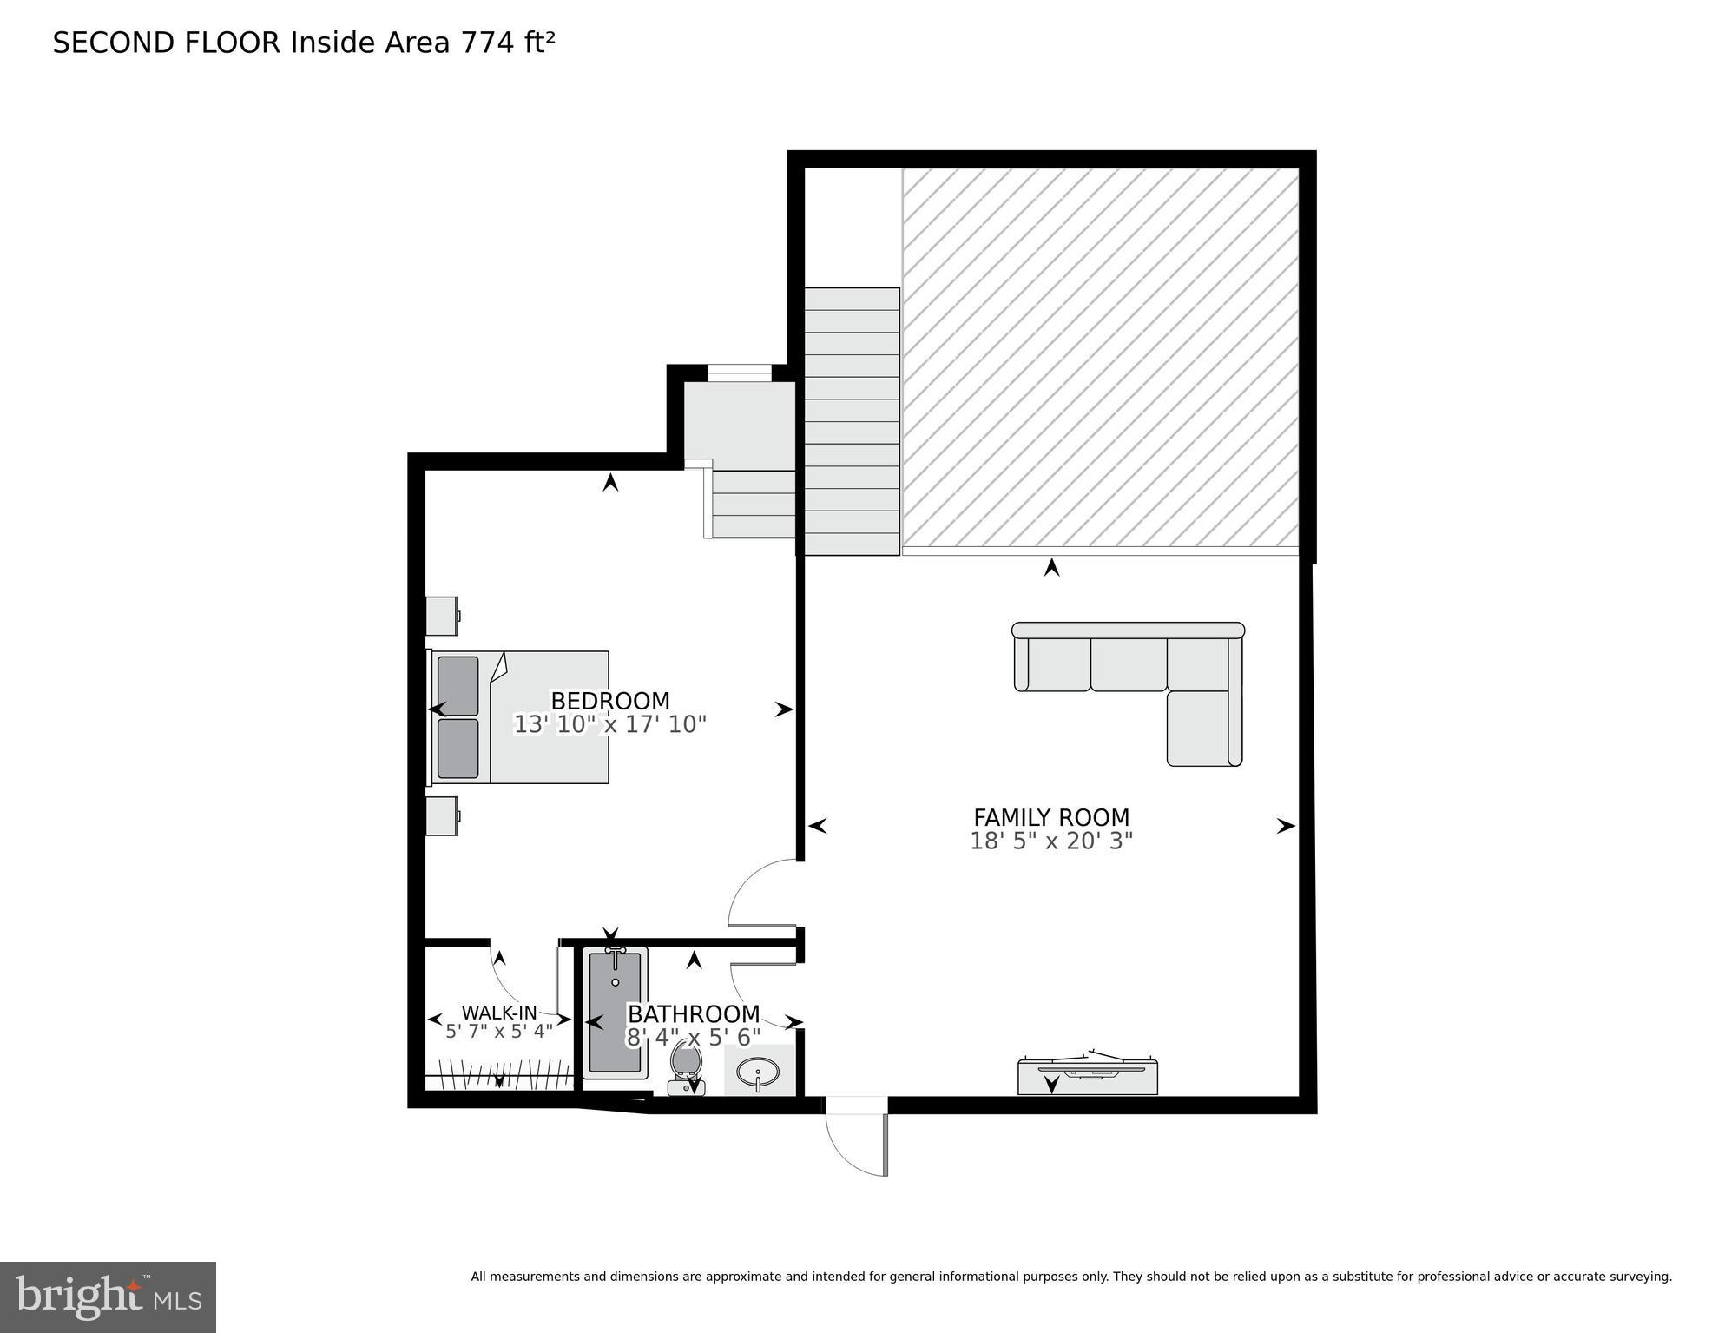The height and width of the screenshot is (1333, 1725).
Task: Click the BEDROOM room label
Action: pyautogui.click(x=609, y=701)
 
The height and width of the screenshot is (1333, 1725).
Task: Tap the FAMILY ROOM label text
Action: pyautogui.click(x=1050, y=818)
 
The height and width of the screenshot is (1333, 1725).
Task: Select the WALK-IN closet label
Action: pyautogui.click(x=499, y=1013)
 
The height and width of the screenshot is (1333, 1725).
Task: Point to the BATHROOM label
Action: pyautogui.click(x=694, y=1014)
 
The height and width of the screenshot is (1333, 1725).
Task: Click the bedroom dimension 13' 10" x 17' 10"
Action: pyautogui.click(x=609, y=724)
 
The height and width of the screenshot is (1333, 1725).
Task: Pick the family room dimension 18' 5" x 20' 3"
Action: pyautogui.click(x=1050, y=841)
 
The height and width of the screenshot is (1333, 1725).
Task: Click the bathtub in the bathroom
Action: pyautogui.click(x=615, y=1013)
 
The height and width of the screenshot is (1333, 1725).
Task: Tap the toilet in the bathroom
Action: pyautogui.click(x=686, y=1068)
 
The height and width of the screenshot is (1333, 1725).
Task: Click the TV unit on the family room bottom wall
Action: pyautogui.click(x=1087, y=1076)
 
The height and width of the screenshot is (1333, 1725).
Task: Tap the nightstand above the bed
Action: pyautogui.click(x=442, y=616)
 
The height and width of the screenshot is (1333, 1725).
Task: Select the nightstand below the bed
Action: pyautogui.click(x=442, y=816)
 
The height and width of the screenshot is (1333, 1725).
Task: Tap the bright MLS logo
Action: pyautogui.click(x=108, y=1297)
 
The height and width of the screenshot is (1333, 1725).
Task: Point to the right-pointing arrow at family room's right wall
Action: pyautogui.click(x=1285, y=827)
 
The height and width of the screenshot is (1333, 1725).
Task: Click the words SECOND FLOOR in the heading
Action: pyautogui.click(x=166, y=43)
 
